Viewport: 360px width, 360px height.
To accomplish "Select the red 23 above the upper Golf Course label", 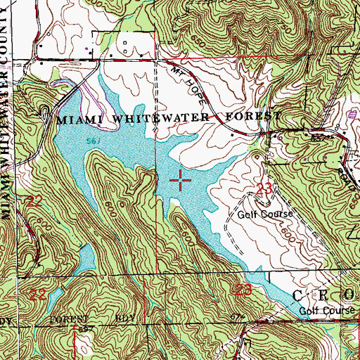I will pyautogui.click(x=264, y=188).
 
